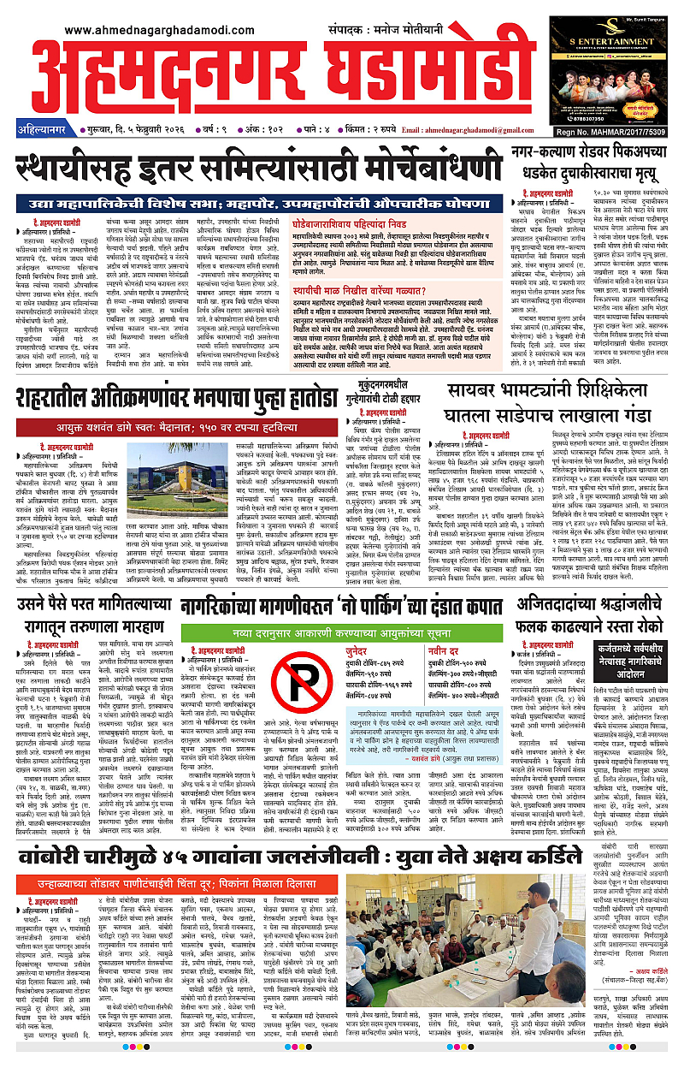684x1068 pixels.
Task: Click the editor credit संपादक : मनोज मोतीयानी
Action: [386, 27]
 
